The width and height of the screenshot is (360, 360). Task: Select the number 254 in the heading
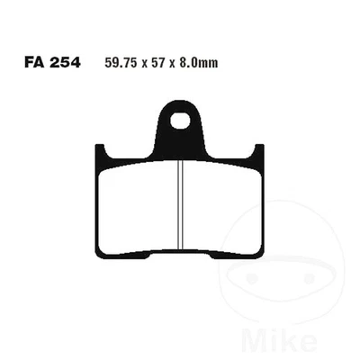point(64,63)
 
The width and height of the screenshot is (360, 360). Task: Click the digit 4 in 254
point(75,63)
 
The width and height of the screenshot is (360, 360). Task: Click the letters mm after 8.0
point(213,63)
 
